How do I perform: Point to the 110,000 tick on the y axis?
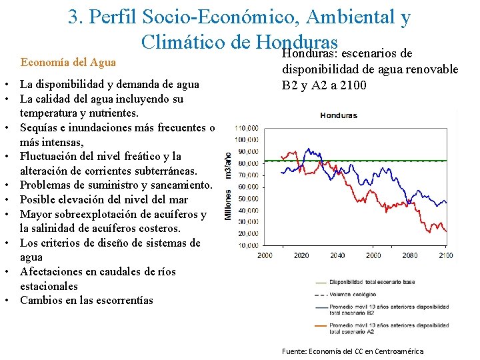click(247, 127)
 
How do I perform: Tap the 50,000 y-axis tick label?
click(249, 199)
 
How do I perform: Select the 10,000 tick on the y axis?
click(249, 246)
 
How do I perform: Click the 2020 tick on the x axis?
click(301, 256)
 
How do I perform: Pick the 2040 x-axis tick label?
click(337, 256)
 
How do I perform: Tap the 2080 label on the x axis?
click(409, 256)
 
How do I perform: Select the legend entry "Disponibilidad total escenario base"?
click(371, 282)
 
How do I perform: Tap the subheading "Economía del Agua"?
click(69, 63)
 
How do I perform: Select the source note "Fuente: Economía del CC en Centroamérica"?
click(352, 351)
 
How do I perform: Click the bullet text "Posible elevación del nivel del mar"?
click(104, 199)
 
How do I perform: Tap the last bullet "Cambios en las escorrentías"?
click(87, 300)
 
